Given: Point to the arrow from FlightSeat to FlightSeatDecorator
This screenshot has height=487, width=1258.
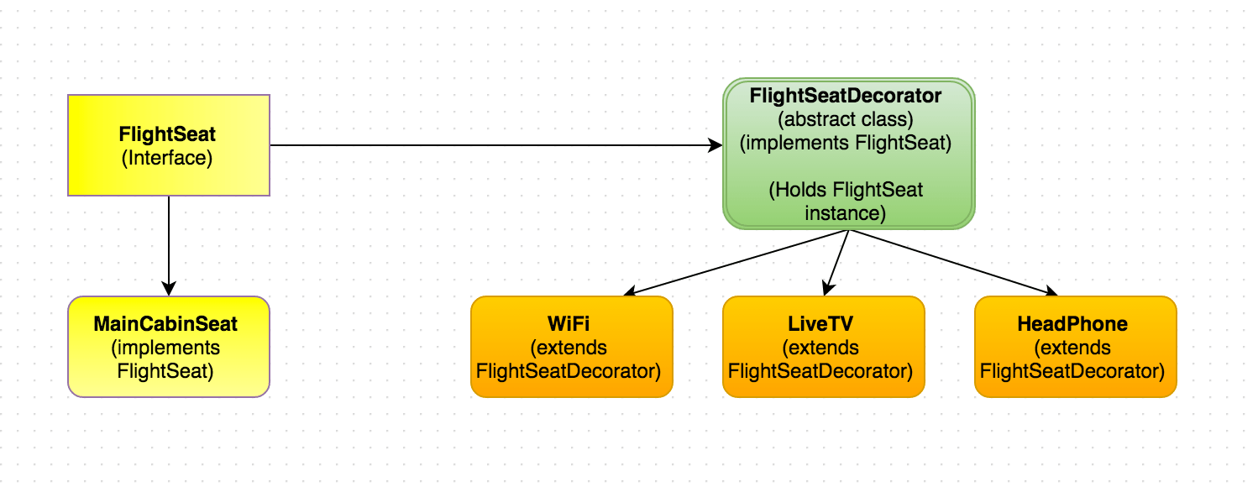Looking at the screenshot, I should [x=495, y=145].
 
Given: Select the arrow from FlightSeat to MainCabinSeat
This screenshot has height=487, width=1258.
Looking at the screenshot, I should [x=169, y=243].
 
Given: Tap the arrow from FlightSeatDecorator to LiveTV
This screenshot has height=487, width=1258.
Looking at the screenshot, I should [x=836, y=262].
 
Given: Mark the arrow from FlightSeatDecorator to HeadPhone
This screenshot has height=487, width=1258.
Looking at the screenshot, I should [x=949, y=262].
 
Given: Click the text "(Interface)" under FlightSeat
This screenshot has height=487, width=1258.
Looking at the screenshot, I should [x=167, y=157].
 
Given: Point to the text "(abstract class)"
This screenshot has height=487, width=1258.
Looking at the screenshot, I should [x=846, y=118].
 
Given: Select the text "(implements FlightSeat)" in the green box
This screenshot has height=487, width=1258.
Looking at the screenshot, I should [x=846, y=143].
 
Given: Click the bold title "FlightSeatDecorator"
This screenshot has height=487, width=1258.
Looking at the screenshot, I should [x=846, y=95].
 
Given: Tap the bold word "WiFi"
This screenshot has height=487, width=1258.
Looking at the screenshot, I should [x=571, y=324].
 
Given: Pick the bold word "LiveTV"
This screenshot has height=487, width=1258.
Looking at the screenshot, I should [x=823, y=324].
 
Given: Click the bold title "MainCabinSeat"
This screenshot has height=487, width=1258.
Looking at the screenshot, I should [x=167, y=324].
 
